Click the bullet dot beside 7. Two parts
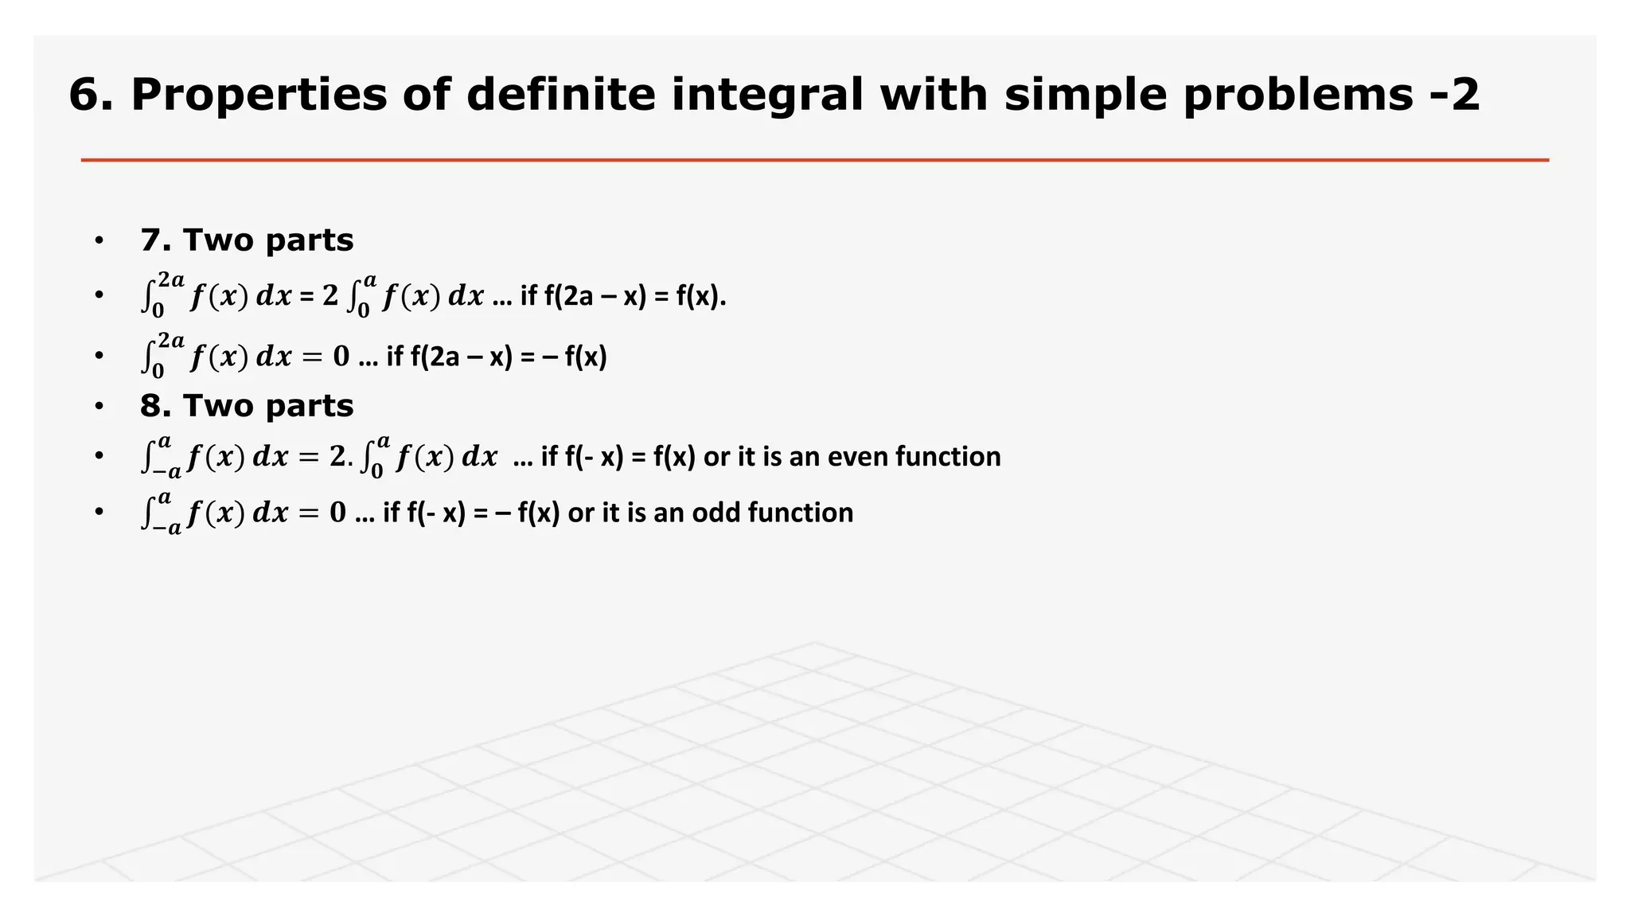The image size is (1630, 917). coord(99,240)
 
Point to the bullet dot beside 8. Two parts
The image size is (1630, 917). coord(99,406)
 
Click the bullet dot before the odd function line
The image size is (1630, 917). coord(99,512)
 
